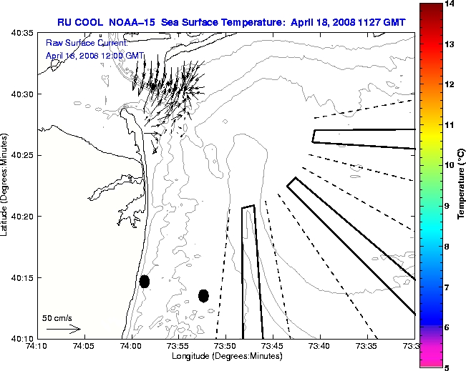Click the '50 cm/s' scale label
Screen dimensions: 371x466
click(57, 318)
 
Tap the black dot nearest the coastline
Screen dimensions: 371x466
click(145, 281)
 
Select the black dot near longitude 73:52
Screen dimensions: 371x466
click(203, 295)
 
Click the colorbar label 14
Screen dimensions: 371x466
click(449, 4)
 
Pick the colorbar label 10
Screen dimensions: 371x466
click(449, 165)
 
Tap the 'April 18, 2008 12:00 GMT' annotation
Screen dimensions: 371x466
click(94, 55)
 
